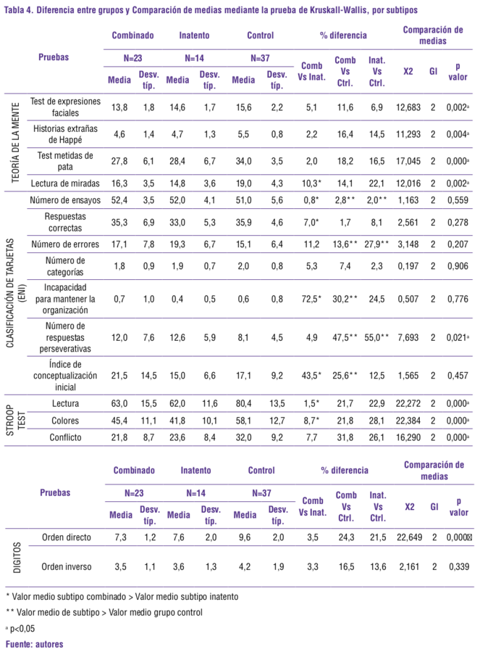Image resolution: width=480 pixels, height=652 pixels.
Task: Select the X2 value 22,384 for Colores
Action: (408, 419)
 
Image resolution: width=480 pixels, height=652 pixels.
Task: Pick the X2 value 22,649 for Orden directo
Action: (408, 537)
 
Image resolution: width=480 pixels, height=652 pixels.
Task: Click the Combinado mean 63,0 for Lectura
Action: (119, 403)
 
